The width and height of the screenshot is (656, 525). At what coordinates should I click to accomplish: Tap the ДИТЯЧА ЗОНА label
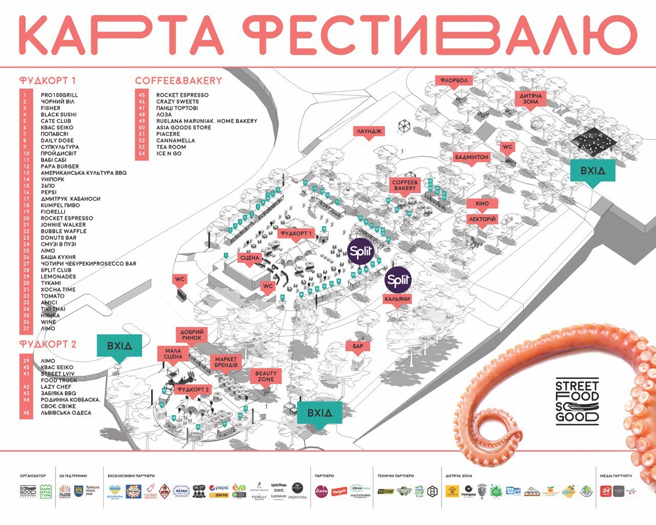[530, 99]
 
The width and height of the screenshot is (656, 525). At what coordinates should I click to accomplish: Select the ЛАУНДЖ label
[369, 131]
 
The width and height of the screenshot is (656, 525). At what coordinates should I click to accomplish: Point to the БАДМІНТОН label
[471, 157]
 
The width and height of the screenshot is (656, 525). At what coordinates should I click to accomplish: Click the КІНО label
[482, 204]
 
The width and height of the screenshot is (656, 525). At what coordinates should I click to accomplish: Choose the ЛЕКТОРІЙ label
[482, 219]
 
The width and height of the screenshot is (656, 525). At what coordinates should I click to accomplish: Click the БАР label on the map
[358, 347]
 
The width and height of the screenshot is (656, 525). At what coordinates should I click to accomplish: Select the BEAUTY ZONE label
[265, 376]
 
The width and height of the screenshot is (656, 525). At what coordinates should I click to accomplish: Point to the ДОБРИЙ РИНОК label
[192, 335]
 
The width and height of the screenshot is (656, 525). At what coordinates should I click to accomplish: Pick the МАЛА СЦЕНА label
[173, 353]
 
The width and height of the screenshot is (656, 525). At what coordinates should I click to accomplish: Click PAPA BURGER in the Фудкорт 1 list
[60, 166]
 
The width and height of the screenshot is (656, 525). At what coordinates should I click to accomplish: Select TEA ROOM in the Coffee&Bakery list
[171, 147]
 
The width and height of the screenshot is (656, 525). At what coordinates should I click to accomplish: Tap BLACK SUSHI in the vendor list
[58, 114]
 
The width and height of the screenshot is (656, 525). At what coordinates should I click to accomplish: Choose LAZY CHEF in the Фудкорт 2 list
[56, 387]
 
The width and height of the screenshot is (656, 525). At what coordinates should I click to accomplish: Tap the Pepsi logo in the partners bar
[218, 488]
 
